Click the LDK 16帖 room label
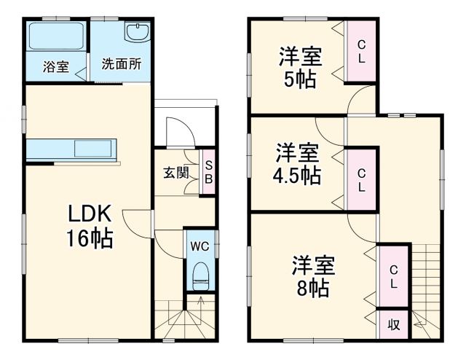(90, 227)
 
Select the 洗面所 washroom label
(120, 63)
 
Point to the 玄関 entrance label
(175, 173)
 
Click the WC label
(200, 246)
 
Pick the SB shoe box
(208, 172)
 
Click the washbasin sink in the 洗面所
(137, 34)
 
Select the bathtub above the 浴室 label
(57, 36)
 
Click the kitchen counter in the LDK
(71, 148)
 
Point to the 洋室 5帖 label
(300, 67)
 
